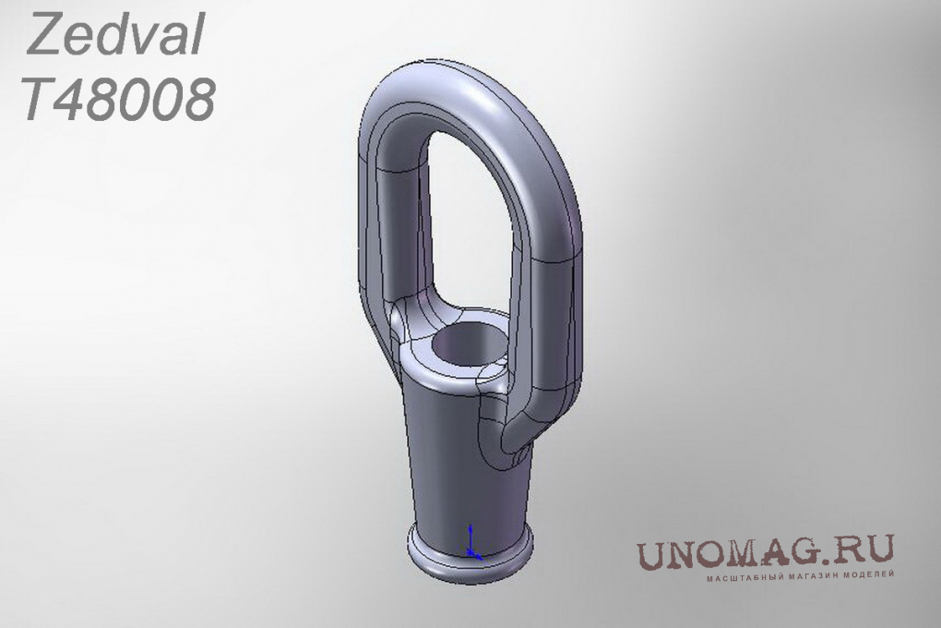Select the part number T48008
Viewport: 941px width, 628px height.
tap(118, 99)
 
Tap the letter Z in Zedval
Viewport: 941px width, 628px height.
tap(43, 35)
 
